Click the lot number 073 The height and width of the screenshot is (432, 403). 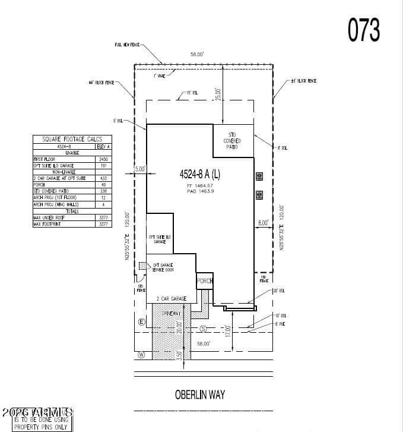[x=363, y=30]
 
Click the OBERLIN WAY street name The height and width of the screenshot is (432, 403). [x=199, y=394]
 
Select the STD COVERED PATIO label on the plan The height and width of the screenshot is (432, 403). [x=232, y=141]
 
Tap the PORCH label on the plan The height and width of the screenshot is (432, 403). [x=205, y=281]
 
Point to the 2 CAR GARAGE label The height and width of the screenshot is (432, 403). [x=172, y=298]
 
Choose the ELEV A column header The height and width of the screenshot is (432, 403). [x=103, y=146]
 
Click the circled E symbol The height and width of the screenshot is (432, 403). [x=141, y=322]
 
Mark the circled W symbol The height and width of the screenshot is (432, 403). [x=141, y=355]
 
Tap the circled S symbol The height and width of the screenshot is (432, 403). [x=203, y=329]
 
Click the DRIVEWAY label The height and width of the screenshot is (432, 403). [x=170, y=313]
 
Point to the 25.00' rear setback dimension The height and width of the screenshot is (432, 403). [x=218, y=94]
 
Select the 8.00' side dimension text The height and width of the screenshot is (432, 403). [x=264, y=223]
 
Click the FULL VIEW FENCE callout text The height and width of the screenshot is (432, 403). [x=126, y=45]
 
